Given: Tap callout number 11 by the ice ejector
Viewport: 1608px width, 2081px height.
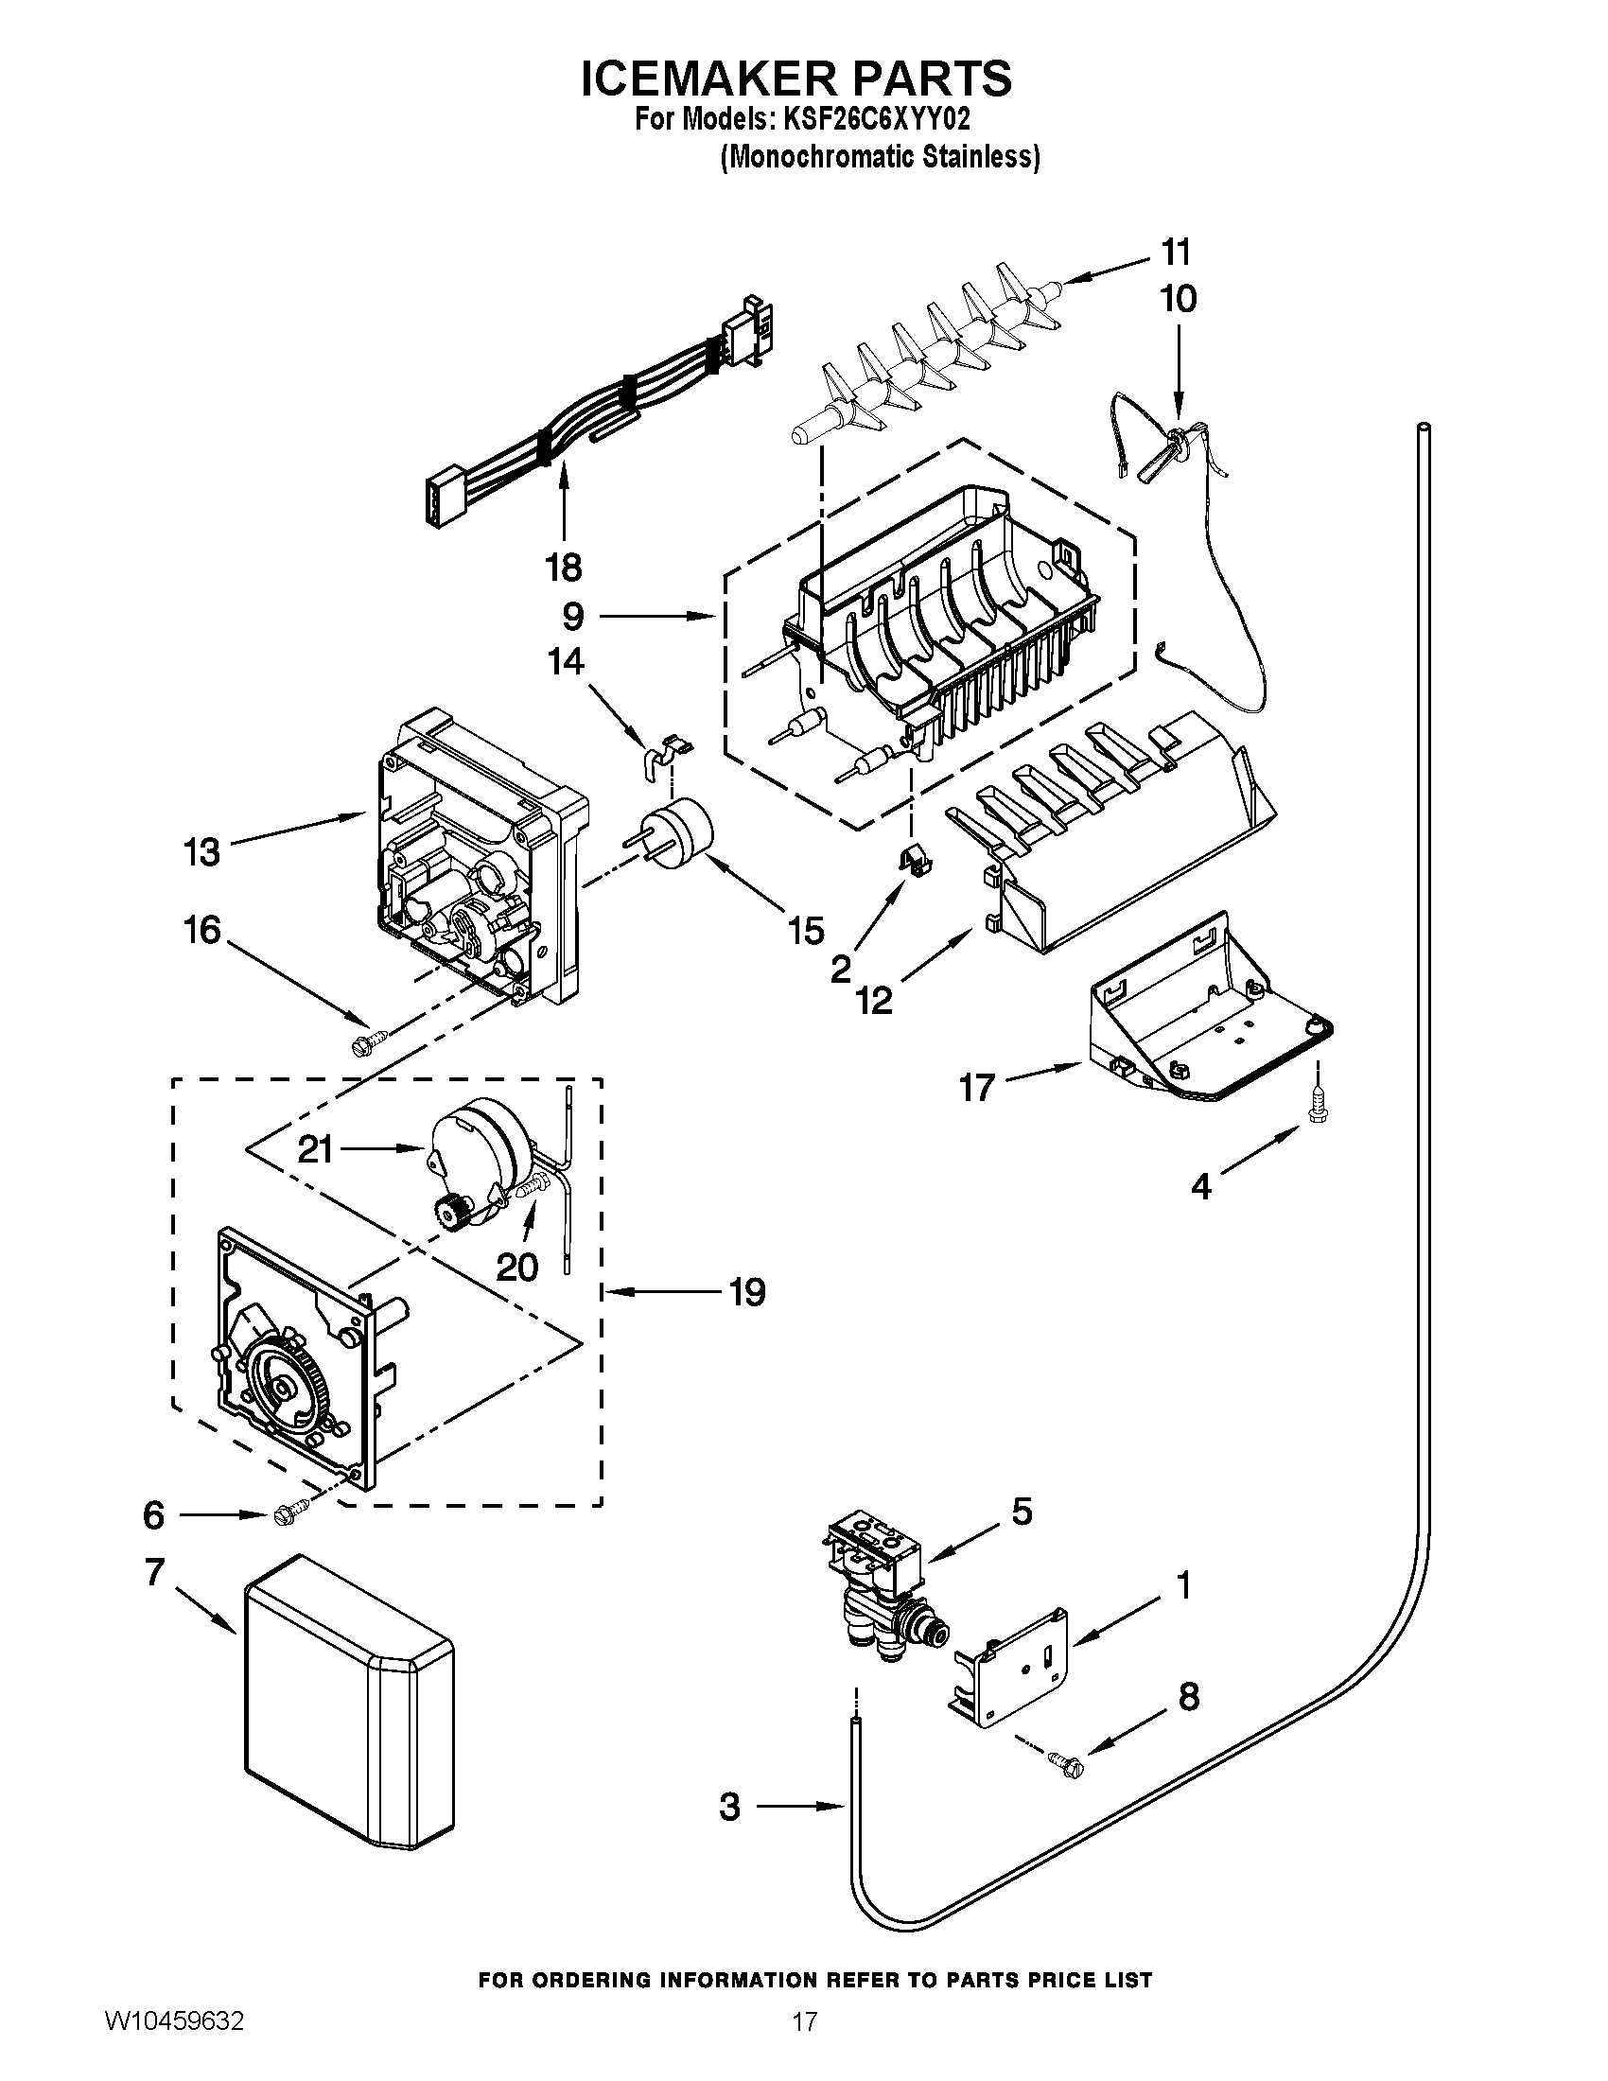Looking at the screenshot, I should point(1176,254).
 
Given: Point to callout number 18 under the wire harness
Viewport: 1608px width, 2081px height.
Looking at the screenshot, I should point(563,568).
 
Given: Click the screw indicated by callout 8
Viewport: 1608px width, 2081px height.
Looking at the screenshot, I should point(1065,1762).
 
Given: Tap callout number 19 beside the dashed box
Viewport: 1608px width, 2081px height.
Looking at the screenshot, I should point(747,1293).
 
